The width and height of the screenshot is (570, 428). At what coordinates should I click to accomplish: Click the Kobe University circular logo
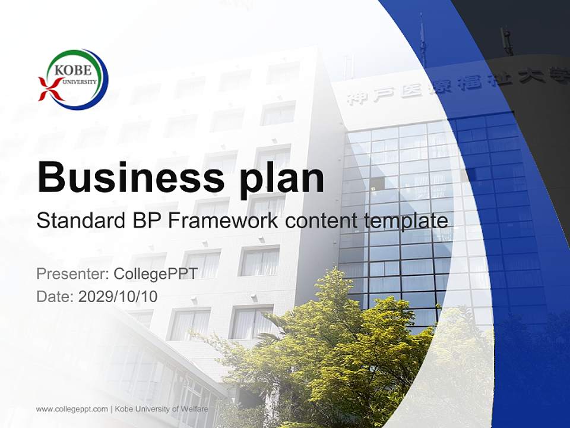tap(74, 79)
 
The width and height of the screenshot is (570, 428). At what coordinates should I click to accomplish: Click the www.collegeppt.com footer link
tap(72, 409)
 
